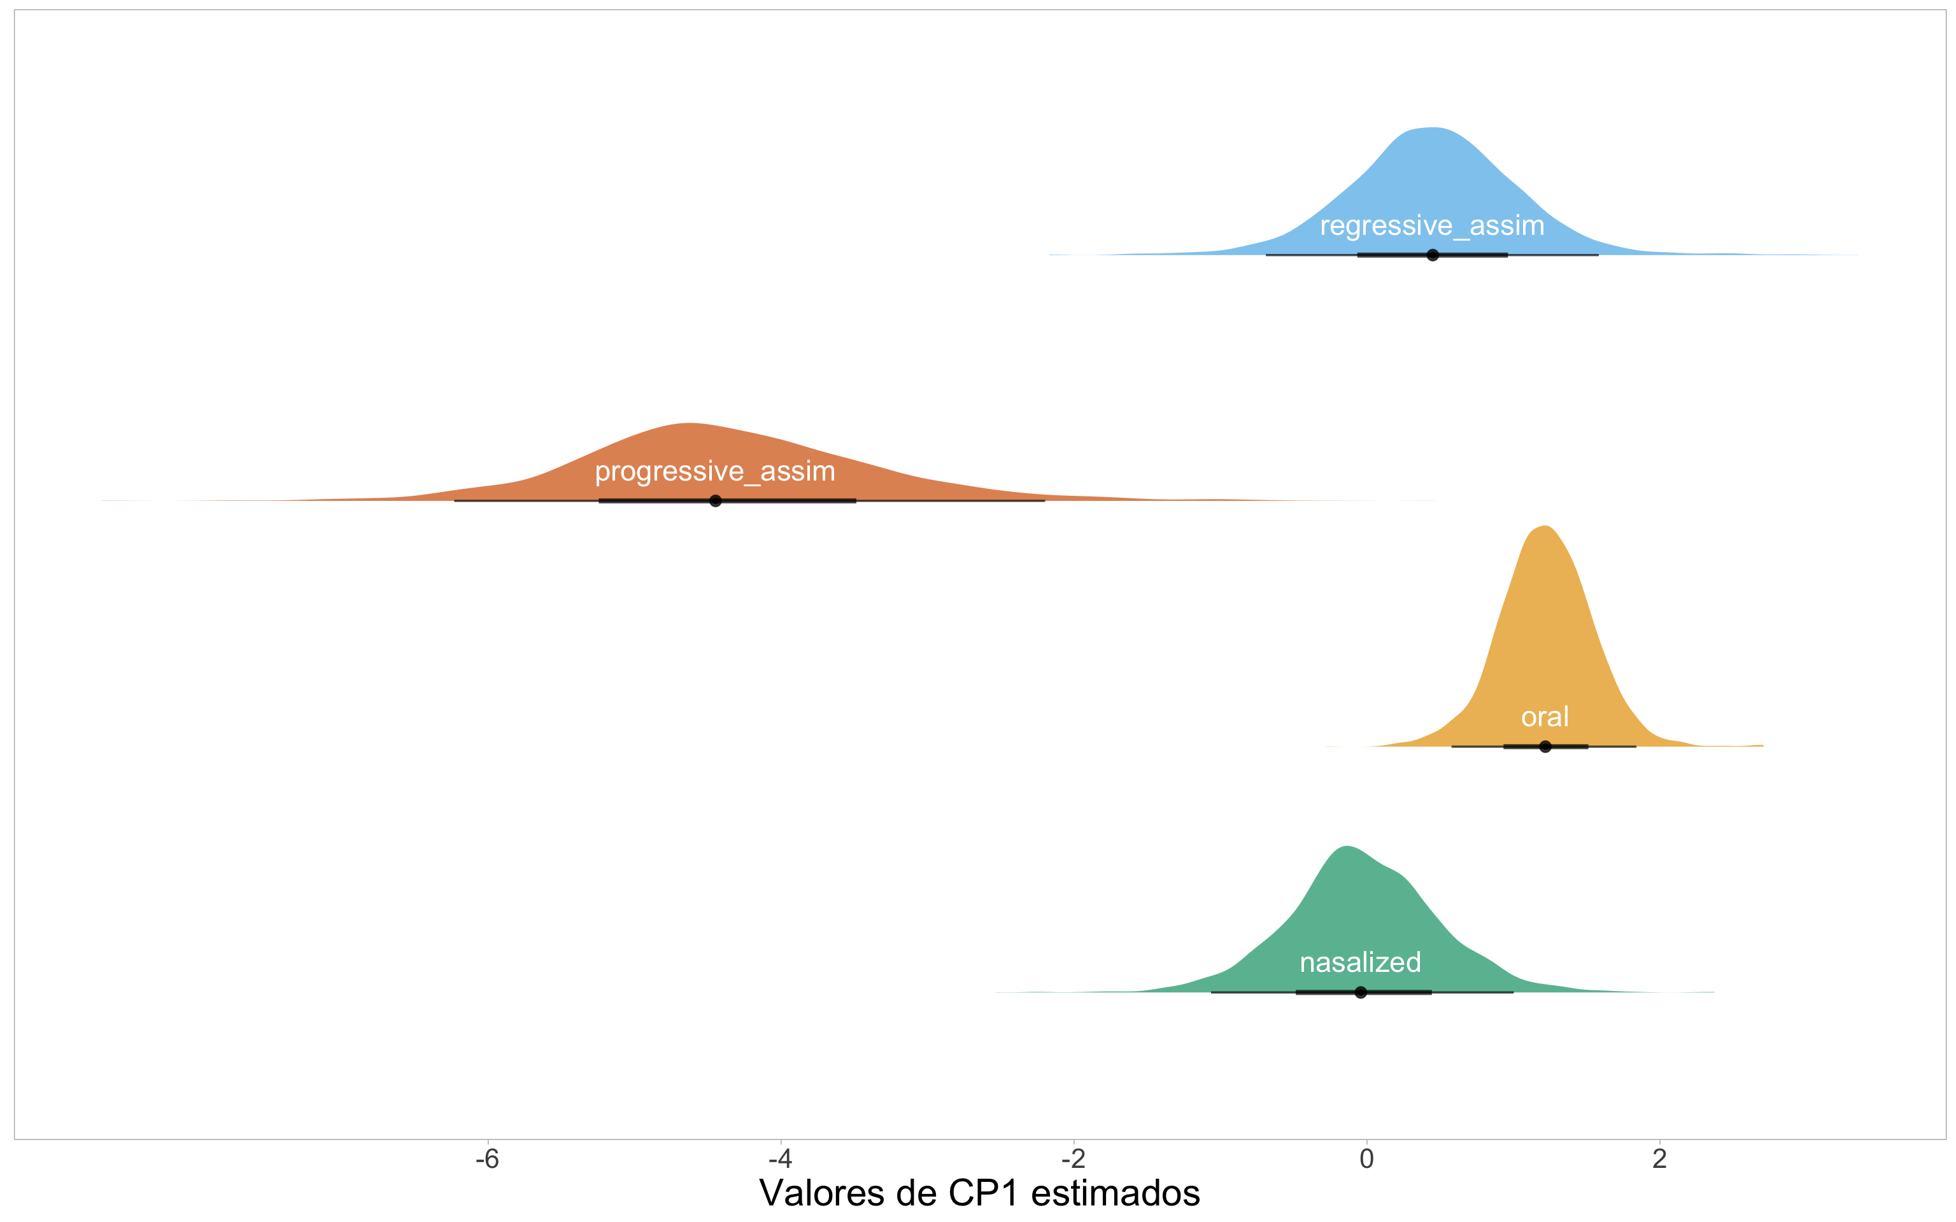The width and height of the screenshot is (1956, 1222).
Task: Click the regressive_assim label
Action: click(x=1431, y=227)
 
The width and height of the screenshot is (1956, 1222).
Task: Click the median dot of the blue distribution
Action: click(x=1432, y=255)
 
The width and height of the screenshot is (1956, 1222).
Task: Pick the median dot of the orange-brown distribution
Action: click(x=715, y=501)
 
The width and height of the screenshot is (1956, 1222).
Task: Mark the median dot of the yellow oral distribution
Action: click(x=1545, y=746)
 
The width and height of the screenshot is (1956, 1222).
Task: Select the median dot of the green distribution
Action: click(x=1360, y=992)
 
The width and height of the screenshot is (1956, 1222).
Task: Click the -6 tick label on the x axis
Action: click(x=487, y=1159)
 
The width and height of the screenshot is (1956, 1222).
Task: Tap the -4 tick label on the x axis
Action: click(x=780, y=1159)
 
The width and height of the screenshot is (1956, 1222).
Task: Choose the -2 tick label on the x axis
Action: click(x=1074, y=1159)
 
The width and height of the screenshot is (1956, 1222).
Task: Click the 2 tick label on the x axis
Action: click(x=1659, y=1159)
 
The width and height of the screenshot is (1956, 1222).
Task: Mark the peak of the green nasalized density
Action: click(x=1347, y=848)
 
